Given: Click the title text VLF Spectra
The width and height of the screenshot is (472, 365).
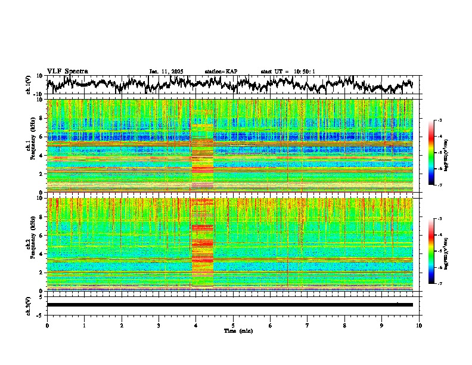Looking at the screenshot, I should (67, 71).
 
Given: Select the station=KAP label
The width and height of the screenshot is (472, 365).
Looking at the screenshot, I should (221, 72).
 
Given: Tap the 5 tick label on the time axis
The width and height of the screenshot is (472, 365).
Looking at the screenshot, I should (233, 325).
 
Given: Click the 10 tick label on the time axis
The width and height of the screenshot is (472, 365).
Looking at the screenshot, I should (419, 325).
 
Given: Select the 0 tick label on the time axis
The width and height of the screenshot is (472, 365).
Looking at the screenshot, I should (47, 325).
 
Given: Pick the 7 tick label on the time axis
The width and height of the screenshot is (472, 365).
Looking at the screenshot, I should (308, 325).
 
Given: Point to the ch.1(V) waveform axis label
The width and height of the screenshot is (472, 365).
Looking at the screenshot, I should (29, 85).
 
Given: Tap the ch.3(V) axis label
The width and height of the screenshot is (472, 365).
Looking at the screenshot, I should (29, 304).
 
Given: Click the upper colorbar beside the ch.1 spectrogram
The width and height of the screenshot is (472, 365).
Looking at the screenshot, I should (437, 153).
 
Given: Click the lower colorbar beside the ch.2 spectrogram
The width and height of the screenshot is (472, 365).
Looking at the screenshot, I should (437, 250).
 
